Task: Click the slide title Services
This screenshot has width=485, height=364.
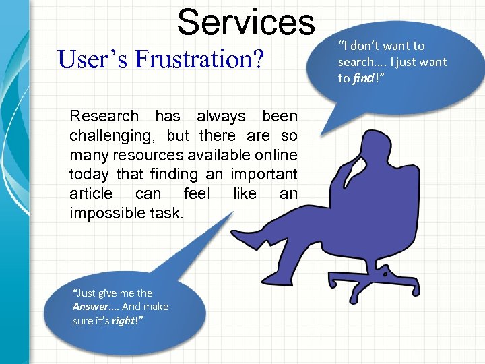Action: pyautogui.click(x=246, y=22)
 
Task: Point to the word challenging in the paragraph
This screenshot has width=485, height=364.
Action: pyautogui.click(x=106, y=135)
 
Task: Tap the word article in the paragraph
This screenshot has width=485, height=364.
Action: pyautogui.click(x=91, y=194)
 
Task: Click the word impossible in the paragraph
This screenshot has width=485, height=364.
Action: pyautogui.click(x=102, y=213)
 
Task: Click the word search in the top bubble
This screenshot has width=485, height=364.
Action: pyautogui.click(x=356, y=62)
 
